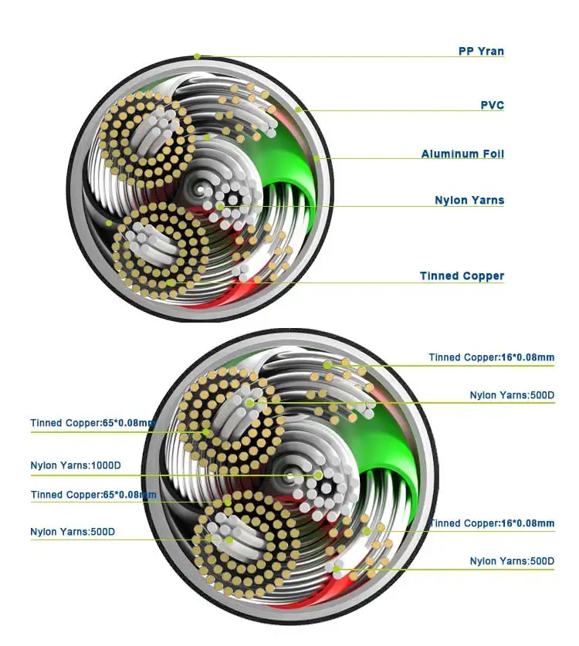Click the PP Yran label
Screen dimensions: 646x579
pyautogui.click(x=481, y=52)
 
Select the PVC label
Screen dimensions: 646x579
pyautogui.click(x=492, y=105)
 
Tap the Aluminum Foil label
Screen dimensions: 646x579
pyautogui.click(x=462, y=154)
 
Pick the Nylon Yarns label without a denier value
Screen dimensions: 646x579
pyautogui.click(x=469, y=200)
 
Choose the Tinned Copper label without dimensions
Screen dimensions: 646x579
pyautogui.click(x=462, y=276)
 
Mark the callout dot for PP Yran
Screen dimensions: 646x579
pyautogui.click(x=197, y=56)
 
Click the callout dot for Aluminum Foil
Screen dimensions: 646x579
pyautogui.click(x=317, y=159)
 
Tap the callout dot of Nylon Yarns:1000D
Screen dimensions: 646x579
pyautogui.click(x=318, y=475)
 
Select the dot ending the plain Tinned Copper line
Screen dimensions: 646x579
pyautogui.click(x=170, y=282)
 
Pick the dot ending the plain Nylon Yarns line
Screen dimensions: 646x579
pyautogui.click(x=221, y=206)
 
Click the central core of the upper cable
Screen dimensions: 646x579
pyautogui.click(x=200, y=188)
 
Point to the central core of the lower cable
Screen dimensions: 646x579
pyautogui.click(x=291, y=475)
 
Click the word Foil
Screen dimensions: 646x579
pyautogui.click(x=491, y=154)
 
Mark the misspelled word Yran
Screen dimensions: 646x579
pyautogui.click(x=491, y=52)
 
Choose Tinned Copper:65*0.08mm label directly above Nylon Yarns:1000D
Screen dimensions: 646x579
pyautogui.click(x=93, y=423)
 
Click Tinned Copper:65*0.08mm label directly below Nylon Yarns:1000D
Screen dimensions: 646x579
pyautogui.click(x=93, y=495)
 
